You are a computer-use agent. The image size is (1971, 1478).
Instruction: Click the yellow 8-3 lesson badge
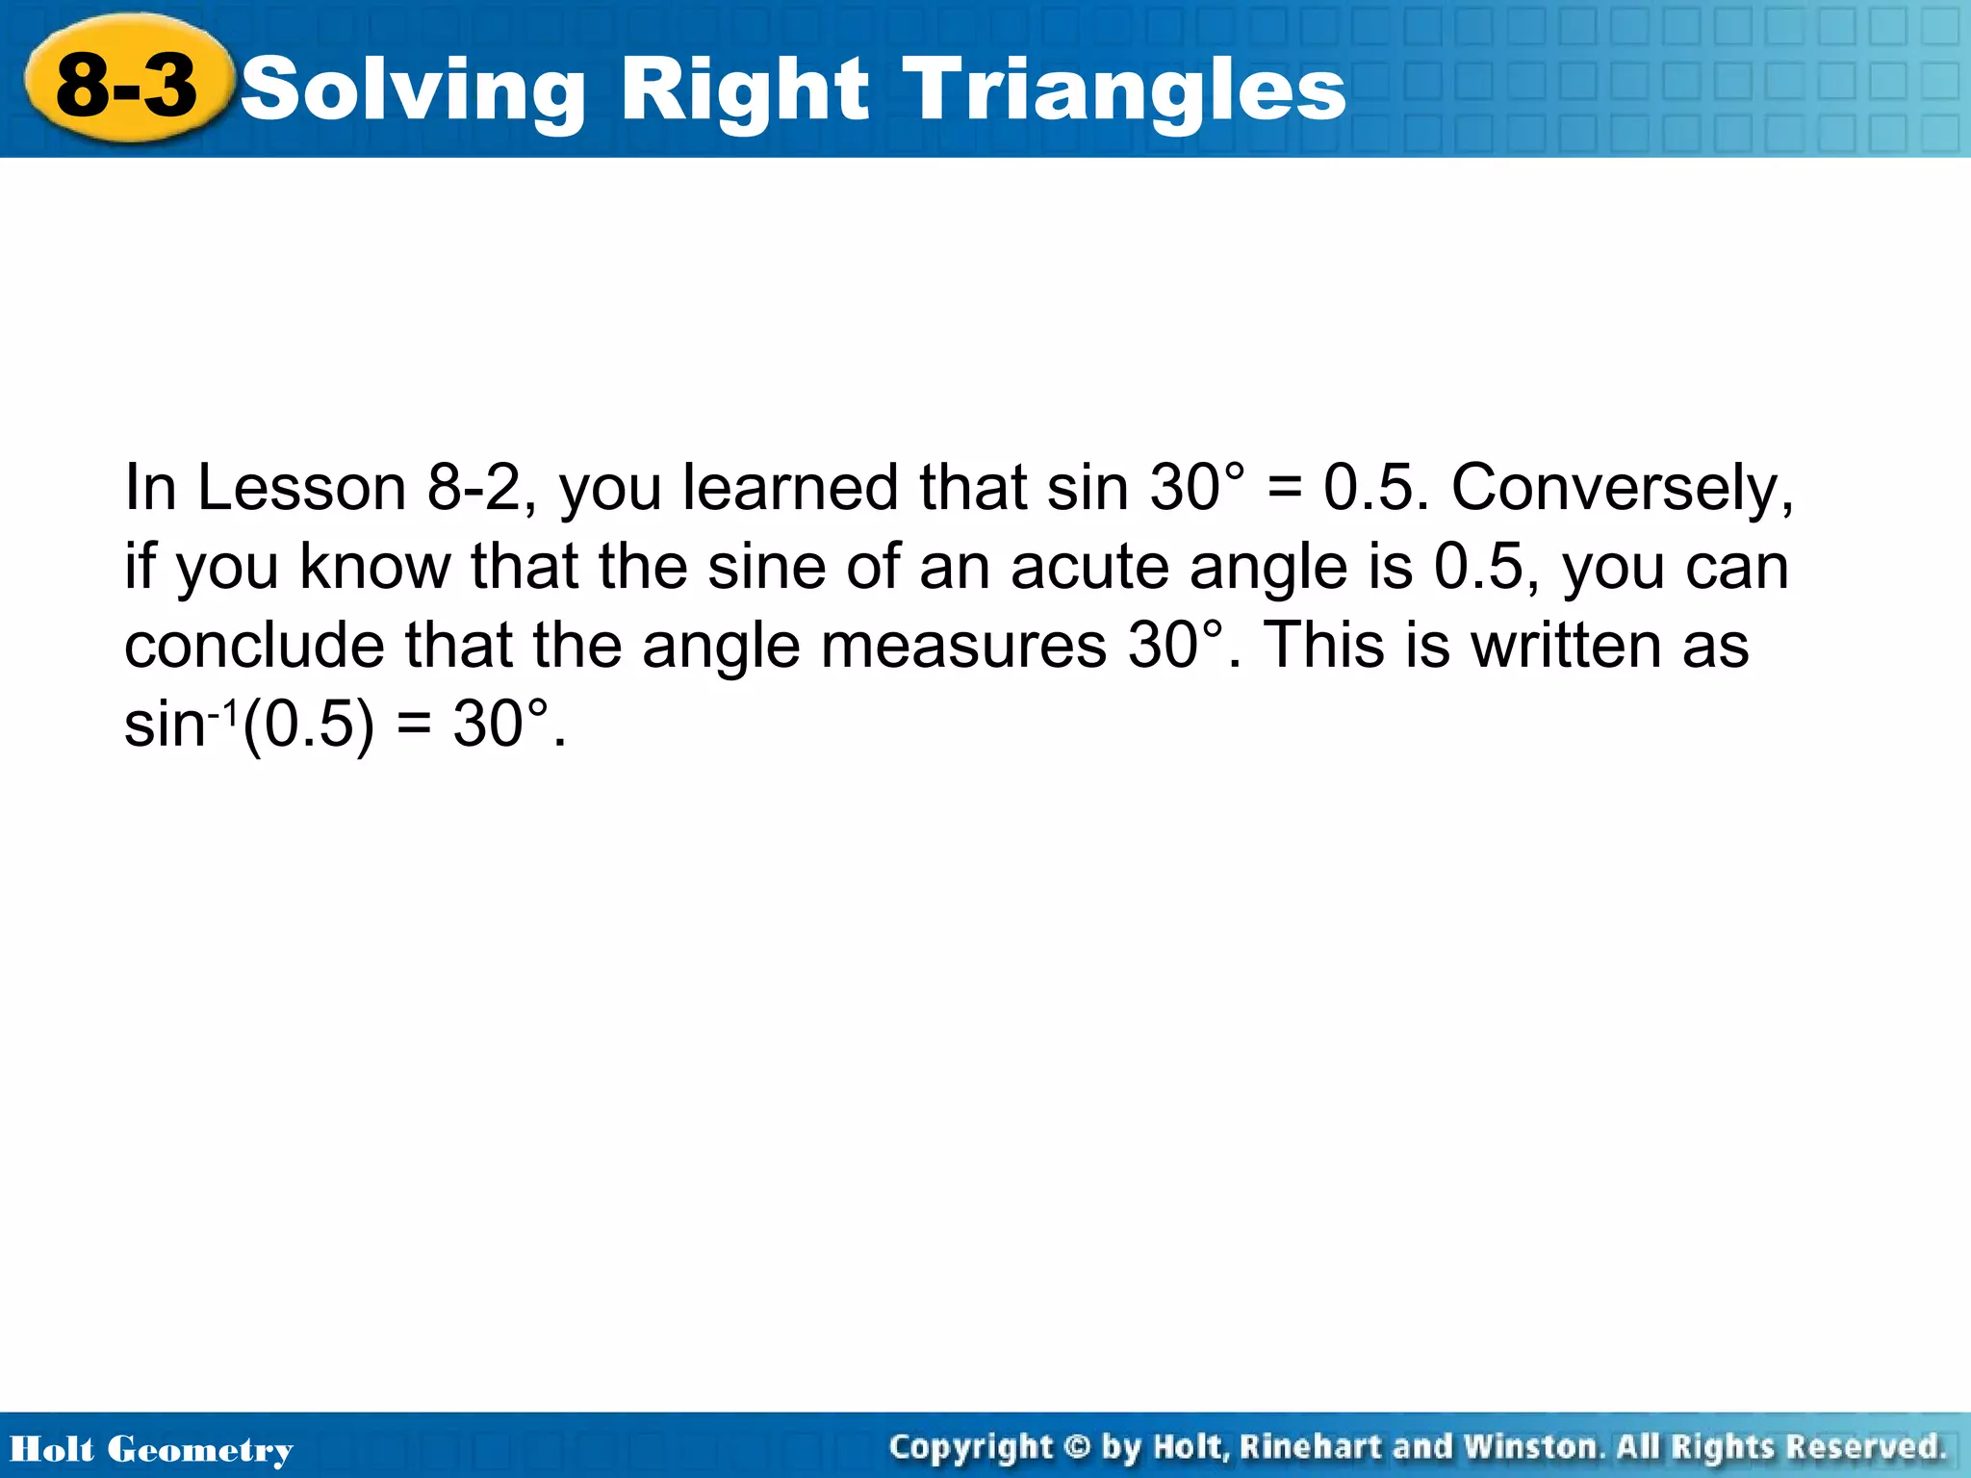coord(127,85)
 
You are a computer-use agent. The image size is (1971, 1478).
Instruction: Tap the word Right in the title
coord(743,90)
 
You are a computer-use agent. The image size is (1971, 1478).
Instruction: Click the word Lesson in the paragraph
coord(301,487)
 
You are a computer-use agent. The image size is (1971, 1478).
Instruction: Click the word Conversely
coord(1622,489)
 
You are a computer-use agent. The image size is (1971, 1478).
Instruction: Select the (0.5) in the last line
coord(308,725)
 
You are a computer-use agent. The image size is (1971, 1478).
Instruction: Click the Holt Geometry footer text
coord(151,1449)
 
